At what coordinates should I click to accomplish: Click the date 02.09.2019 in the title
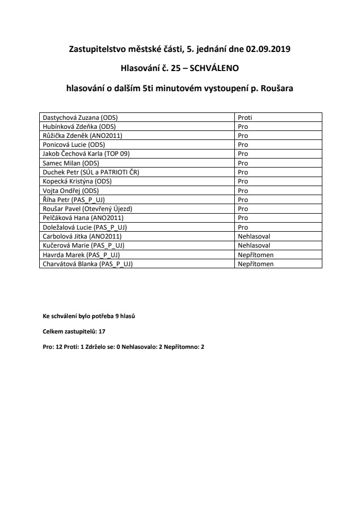coord(268,50)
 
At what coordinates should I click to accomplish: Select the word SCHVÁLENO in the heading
coord(215,68)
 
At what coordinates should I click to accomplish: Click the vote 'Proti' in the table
coord(244,118)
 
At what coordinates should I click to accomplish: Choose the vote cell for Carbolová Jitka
coord(254,236)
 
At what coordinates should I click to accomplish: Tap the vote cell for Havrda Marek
coord(255,254)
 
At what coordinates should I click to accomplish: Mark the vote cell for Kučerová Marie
coord(254,245)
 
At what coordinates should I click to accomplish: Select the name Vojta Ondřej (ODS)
coord(71,190)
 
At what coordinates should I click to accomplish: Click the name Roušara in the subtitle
coord(274,89)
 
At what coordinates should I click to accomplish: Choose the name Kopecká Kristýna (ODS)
coord(77,181)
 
